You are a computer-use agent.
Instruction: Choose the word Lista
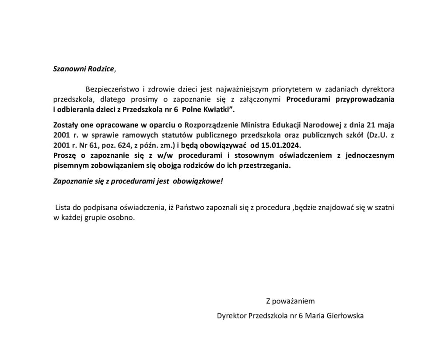click(63, 208)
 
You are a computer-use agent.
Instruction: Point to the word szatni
click(385, 208)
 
